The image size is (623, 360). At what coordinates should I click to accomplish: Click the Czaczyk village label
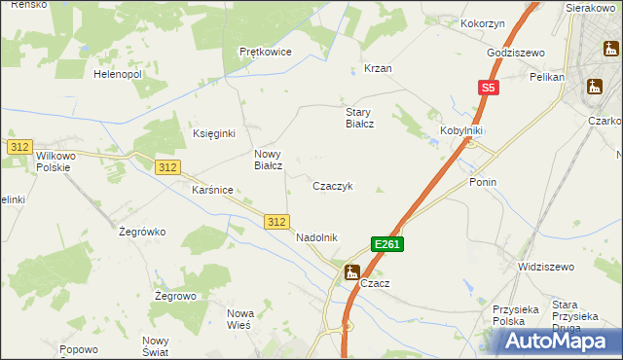[x=339, y=186]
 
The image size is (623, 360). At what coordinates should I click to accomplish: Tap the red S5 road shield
[x=489, y=89]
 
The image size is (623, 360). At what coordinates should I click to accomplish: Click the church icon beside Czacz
[x=351, y=272]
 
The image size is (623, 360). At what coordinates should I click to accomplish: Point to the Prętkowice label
[x=266, y=52]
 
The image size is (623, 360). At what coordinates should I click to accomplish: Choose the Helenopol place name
[x=118, y=74]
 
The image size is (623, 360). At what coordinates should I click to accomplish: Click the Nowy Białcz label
[x=269, y=160]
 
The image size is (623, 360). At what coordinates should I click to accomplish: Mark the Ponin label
[x=483, y=182]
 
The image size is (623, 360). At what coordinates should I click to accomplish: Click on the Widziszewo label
[x=546, y=266]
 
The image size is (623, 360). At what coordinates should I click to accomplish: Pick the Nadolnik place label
[x=316, y=237]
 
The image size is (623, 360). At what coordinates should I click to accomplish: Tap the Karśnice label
[x=212, y=190]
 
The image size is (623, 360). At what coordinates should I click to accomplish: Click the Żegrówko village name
[x=142, y=232]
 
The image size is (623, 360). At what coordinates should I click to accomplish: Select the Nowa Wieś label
[x=239, y=318]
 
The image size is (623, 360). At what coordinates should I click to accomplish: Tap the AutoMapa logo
[x=559, y=341]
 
